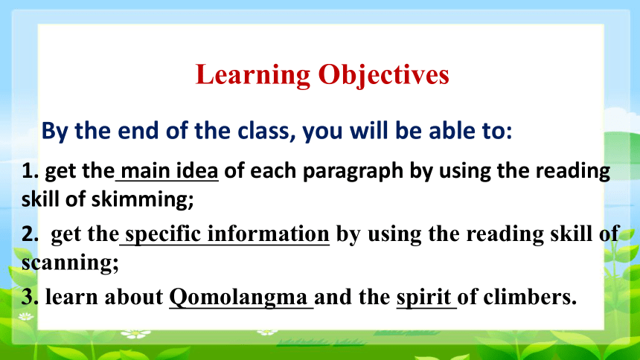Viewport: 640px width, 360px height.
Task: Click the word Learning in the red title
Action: point(253,76)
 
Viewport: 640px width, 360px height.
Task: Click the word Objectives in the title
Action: point(384,76)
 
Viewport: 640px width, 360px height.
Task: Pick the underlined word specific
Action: point(163,235)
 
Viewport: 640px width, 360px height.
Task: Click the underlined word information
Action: point(268,234)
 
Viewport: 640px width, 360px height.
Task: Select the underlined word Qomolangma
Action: point(238,297)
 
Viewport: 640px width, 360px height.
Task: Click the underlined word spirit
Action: point(423,298)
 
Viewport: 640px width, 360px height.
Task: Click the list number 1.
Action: point(30,171)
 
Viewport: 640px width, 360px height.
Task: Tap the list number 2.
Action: point(30,234)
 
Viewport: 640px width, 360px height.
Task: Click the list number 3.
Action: point(30,297)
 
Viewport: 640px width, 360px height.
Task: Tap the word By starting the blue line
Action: point(55,132)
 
